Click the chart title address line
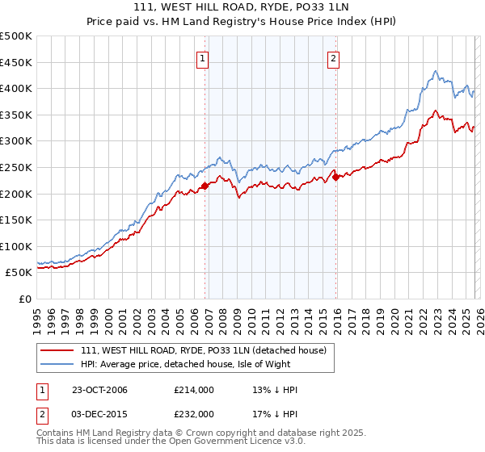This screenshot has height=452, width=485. coord(242,7)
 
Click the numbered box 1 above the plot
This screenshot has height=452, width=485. coord(201,57)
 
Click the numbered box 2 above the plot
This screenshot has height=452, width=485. coord(333,57)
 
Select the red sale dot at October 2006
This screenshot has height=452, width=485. coord(205,186)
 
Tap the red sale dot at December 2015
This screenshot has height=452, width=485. coord(336,178)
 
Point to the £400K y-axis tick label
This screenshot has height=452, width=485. coord(16,89)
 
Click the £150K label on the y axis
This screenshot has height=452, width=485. coord(16,220)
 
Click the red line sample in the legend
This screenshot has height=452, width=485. coord(58,351)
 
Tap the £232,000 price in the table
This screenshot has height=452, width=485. coord(193,413)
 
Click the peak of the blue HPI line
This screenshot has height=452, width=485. coord(436,71)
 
